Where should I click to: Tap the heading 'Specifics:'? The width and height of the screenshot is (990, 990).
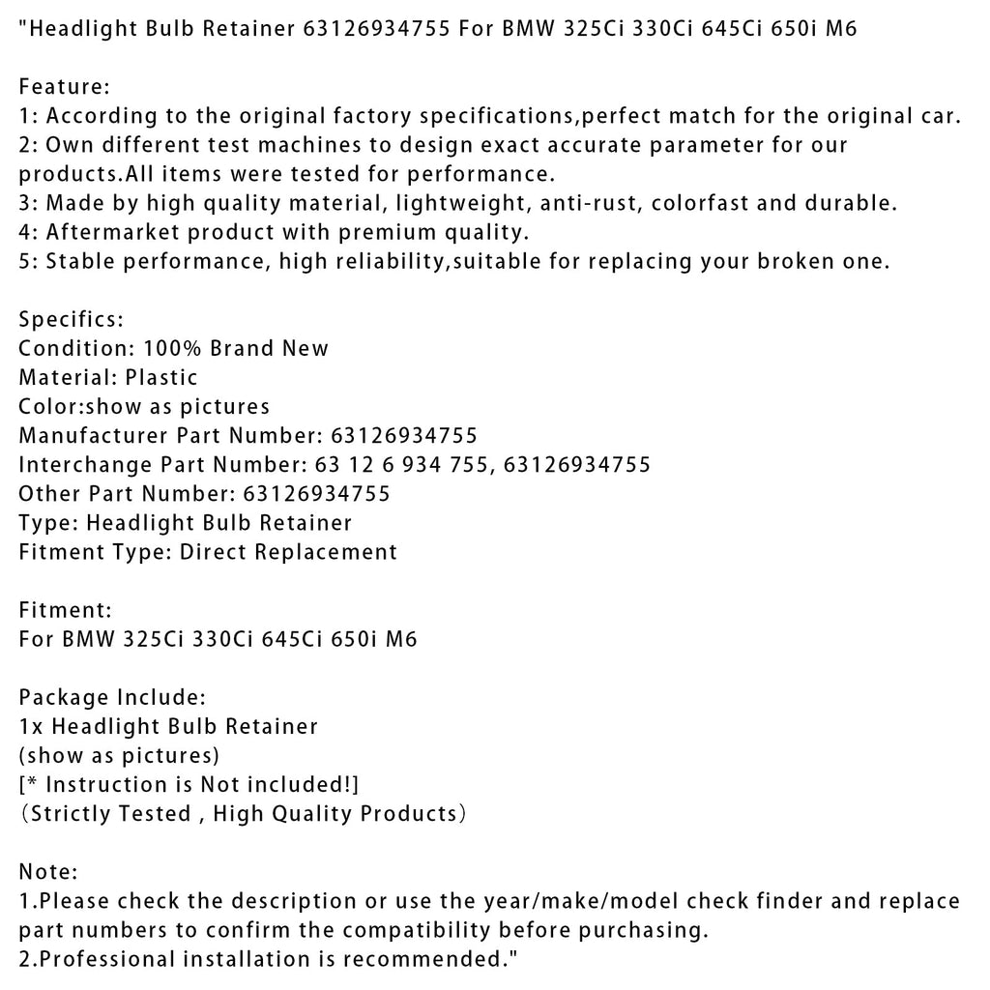[x=71, y=319]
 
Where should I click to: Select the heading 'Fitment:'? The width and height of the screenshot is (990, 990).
[x=66, y=610]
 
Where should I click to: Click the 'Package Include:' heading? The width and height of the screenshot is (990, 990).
[x=111, y=697]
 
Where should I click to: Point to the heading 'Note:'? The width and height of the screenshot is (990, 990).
[x=48, y=872]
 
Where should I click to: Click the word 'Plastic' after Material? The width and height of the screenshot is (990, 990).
[x=161, y=377]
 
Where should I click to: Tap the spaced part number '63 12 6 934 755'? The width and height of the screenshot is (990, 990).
[x=395, y=465]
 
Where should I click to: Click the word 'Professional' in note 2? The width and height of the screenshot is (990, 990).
[x=106, y=959]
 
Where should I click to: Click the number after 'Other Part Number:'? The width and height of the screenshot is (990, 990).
[x=313, y=494]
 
